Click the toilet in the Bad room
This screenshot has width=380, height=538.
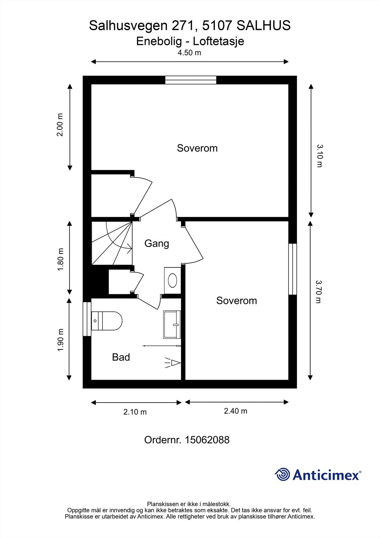pos(107,321)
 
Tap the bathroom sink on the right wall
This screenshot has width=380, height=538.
pos(172,324)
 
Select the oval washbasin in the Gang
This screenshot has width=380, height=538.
pos(172,280)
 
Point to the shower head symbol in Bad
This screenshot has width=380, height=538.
pos(173,363)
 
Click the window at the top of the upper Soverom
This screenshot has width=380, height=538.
pos(191,80)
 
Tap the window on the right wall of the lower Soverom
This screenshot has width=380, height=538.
pos(293,269)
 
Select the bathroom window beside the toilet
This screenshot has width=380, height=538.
pos(87,319)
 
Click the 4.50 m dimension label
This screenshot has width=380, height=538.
pos(189,53)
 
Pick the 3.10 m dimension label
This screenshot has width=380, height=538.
pos(320,155)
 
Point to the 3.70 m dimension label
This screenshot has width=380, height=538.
pos(319,292)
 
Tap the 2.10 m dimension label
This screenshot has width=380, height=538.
pos(135,412)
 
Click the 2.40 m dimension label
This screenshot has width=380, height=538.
pos(236,411)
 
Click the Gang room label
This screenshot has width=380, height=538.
pos(157,243)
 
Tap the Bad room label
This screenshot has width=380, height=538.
pos(121,357)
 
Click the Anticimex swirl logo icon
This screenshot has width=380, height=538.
pos(282,474)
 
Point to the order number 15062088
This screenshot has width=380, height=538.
pos(207,440)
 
